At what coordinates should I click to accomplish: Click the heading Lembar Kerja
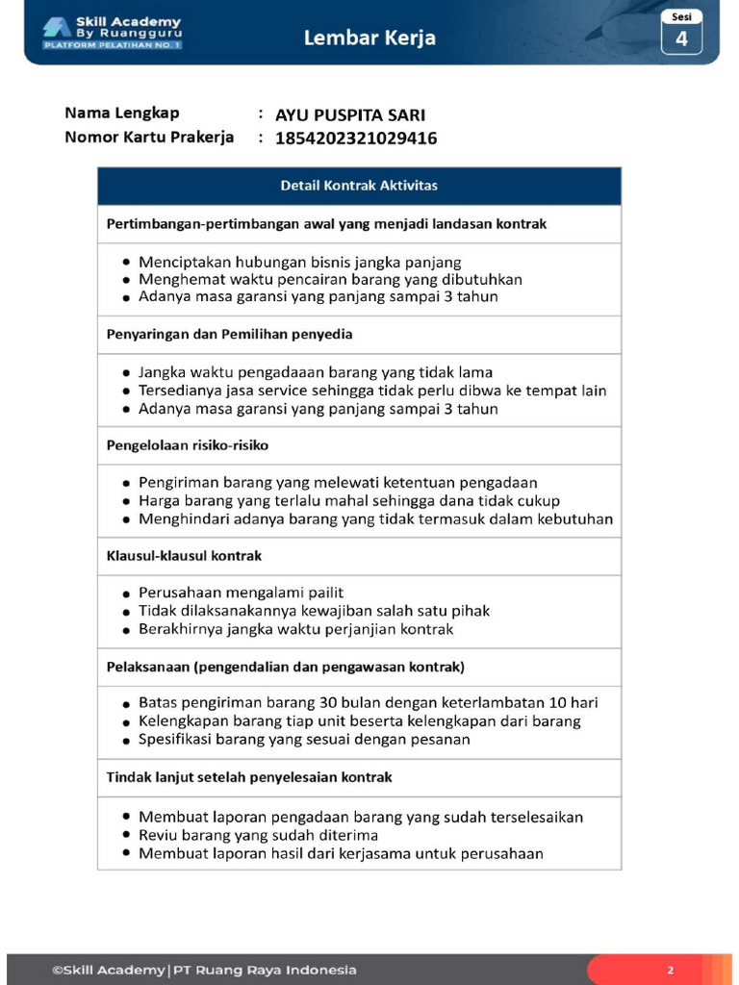point(369,38)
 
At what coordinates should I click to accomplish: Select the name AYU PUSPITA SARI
point(350,115)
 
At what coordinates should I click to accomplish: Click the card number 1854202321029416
point(356,139)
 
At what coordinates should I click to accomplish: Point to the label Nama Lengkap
point(122,114)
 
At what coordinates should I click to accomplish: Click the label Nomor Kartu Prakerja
point(149,137)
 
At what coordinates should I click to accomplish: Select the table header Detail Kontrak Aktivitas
point(359,186)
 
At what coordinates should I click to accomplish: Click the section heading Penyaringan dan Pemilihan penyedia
point(229,335)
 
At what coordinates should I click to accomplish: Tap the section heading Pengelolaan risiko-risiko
point(187,445)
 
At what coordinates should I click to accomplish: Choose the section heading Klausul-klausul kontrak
point(184,556)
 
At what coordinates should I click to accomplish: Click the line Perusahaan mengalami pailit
point(241,593)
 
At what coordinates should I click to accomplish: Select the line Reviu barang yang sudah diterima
point(258,835)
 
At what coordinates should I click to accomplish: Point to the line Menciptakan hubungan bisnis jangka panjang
point(299,262)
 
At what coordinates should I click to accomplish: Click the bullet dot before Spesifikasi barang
point(127,742)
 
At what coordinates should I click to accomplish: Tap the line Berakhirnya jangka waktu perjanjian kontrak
point(295,629)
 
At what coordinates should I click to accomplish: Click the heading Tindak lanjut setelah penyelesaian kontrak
point(248,776)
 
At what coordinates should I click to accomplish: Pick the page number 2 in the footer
point(671,970)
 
